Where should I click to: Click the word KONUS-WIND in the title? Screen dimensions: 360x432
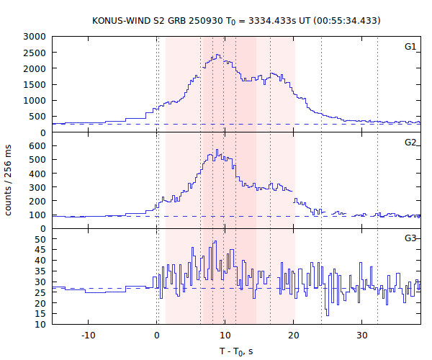click(122, 20)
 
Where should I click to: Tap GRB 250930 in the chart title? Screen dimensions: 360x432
click(190, 20)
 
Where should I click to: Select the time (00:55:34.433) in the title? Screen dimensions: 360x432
click(339, 20)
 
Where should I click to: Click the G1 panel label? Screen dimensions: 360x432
click(410, 47)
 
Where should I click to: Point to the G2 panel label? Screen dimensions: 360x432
click(410, 142)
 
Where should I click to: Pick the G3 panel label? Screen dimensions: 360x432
click(410, 237)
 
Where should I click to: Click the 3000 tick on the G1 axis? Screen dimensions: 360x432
click(36, 36)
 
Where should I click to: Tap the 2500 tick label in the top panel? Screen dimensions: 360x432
click(36, 53)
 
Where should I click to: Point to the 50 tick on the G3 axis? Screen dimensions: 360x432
click(42, 238)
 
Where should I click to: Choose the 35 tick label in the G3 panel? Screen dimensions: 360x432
click(42, 271)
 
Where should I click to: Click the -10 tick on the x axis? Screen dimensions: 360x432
click(88, 335)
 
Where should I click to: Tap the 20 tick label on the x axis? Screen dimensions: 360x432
click(293, 335)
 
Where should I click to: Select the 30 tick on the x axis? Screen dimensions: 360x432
click(361, 335)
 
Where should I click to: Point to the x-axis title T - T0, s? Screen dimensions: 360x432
click(235, 351)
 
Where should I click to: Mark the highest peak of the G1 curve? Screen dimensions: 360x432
click(217, 55)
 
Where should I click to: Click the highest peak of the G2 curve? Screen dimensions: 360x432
click(216, 150)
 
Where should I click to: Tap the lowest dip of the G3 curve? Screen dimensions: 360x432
click(327, 315)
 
